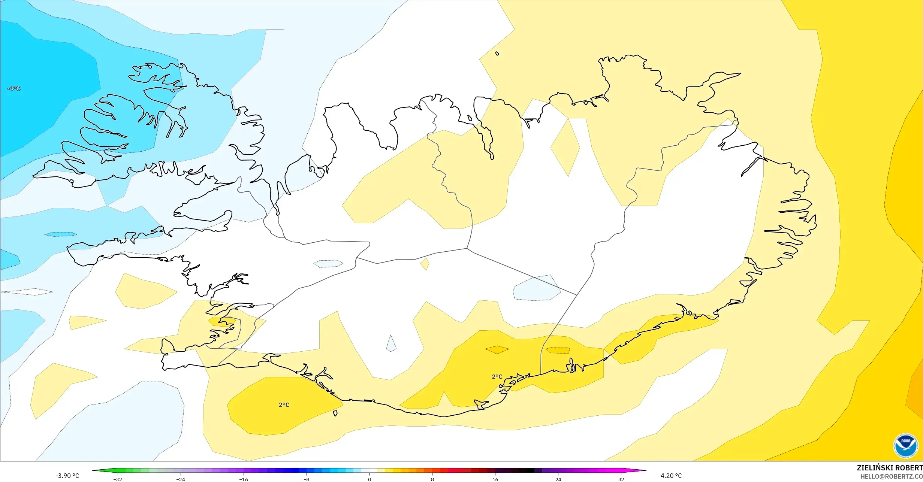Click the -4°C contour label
pyautogui.click(x=14, y=88)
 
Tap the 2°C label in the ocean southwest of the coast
pyautogui.click(x=284, y=405)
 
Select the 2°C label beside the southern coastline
pyautogui.click(x=497, y=377)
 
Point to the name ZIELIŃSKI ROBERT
pyautogui.click(x=890, y=468)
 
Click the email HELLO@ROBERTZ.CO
pyautogui.click(x=891, y=476)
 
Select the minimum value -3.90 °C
pyautogui.click(x=67, y=476)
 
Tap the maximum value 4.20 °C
pyautogui.click(x=671, y=476)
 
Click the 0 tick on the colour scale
pyautogui.click(x=369, y=479)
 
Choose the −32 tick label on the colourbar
pyautogui.click(x=118, y=479)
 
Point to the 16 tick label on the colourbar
pyautogui.click(x=495, y=479)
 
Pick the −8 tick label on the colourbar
pyautogui.click(x=307, y=479)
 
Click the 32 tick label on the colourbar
pyautogui.click(x=621, y=479)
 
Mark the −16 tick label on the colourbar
pyautogui.click(x=244, y=479)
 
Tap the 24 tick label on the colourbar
pyautogui.click(x=558, y=479)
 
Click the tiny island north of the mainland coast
pyautogui.click(x=497, y=54)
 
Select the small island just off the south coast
pyautogui.click(x=335, y=413)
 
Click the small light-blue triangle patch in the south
pyautogui.click(x=391, y=345)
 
